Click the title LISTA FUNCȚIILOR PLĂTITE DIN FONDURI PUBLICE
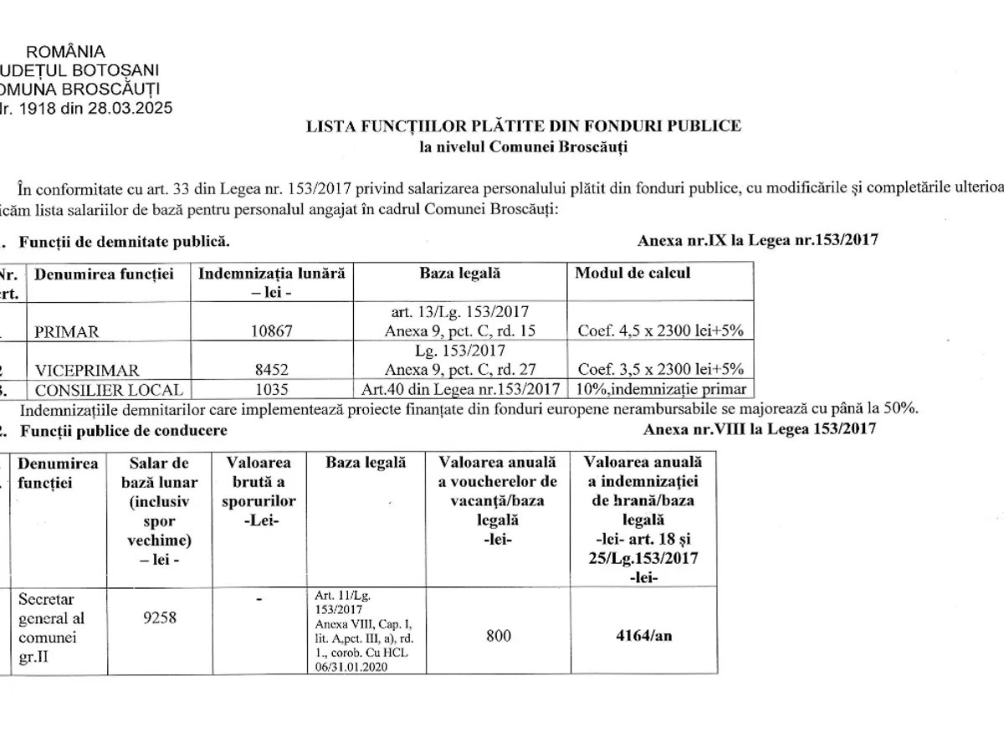click(x=522, y=126)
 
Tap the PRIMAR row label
click(x=66, y=331)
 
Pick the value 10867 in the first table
click(x=272, y=331)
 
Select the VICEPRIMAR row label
click(x=82, y=368)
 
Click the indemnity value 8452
click(x=272, y=368)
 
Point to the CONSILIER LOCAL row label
click(x=102, y=389)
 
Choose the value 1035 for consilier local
click(x=272, y=389)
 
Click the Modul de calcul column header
click(x=633, y=274)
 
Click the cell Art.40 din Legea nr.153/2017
click(x=460, y=389)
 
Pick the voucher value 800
click(x=498, y=635)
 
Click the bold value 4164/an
click(x=643, y=635)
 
